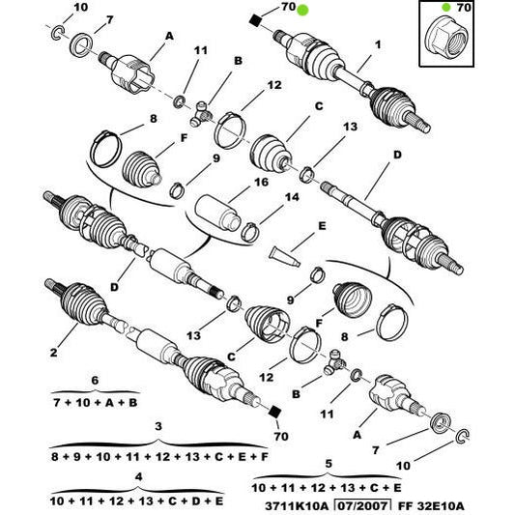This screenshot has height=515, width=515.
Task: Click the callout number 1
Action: tap(378, 44)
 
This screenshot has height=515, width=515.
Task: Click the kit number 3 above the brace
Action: tap(157, 425)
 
